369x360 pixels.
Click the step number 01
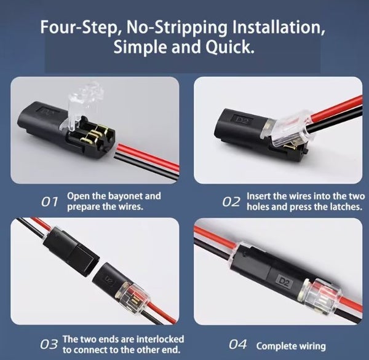[50, 202]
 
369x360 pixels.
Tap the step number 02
[231, 202]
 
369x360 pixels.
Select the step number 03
[49, 345]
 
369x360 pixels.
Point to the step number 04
[238, 345]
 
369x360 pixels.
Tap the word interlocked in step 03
[161, 339]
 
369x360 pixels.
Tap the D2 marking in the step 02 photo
[240, 120]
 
